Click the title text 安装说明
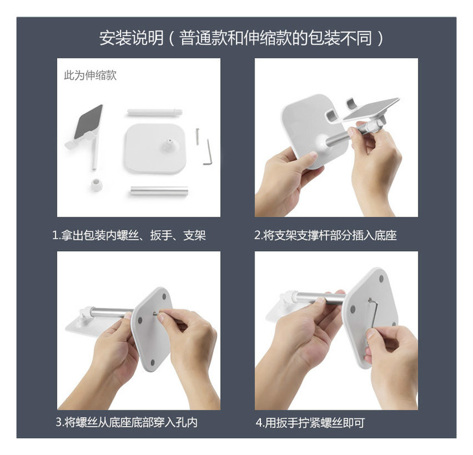132,38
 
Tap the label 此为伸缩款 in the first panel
90,75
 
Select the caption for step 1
129,236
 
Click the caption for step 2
325,236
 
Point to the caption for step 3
127,422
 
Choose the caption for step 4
310,423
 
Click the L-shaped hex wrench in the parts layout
208,153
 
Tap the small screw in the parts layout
198,137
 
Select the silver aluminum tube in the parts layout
159,191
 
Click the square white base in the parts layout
156,148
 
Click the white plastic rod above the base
155,113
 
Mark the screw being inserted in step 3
156,314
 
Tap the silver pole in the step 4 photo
320,298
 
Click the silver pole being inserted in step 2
342,136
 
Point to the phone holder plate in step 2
371,109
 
